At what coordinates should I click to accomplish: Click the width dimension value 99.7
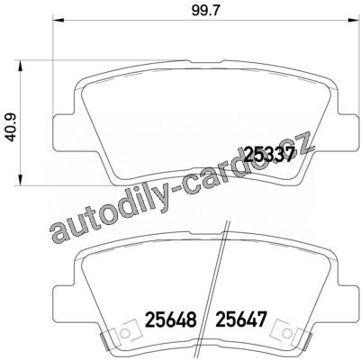[205, 11]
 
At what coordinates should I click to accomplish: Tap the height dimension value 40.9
[12, 127]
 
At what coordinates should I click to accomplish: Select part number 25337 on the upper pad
[268, 155]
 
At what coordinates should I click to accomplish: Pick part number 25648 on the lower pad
[171, 319]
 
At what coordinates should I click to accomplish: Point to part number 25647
[241, 319]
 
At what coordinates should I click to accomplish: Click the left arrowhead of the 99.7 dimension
[59, 20]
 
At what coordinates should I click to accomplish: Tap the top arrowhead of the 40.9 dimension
[21, 66]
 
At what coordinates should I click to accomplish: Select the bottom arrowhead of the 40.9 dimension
[21, 179]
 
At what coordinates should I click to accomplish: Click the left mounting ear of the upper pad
[63, 132]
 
